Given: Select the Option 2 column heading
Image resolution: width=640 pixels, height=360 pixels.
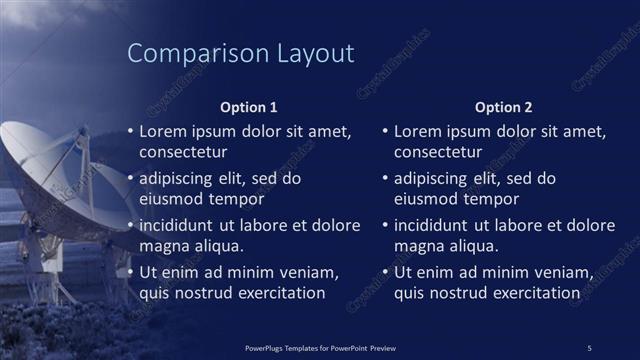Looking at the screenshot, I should (504, 107).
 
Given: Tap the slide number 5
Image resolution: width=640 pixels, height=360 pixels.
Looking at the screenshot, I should (589, 347).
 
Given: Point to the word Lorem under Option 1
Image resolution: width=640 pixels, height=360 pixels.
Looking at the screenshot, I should (162, 131).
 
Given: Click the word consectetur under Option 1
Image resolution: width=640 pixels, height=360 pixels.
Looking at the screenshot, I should (183, 152).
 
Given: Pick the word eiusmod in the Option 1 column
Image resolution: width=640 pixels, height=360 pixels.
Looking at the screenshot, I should (170, 198).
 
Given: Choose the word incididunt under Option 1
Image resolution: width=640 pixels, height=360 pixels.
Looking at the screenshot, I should (182, 225).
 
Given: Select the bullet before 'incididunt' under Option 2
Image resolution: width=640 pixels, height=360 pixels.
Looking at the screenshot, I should (385, 225).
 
